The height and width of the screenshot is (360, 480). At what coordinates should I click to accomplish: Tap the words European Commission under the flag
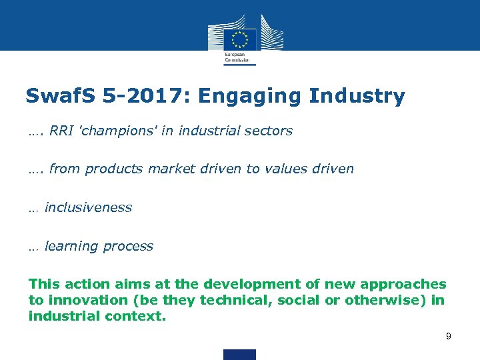pyautogui.click(x=239, y=57)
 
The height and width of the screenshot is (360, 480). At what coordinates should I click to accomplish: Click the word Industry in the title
pyautogui.click(x=357, y=96)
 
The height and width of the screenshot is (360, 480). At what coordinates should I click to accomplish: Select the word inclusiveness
pyautogui.click(x=88, y=207)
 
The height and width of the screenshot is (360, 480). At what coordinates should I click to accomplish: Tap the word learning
pyautogui.click(x=71, y=246)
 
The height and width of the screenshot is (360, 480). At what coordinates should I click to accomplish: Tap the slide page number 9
pyautogui.click(x=449, y=337)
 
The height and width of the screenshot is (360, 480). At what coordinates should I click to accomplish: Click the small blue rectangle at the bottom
pyautogui.click(x=239, y=355)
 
